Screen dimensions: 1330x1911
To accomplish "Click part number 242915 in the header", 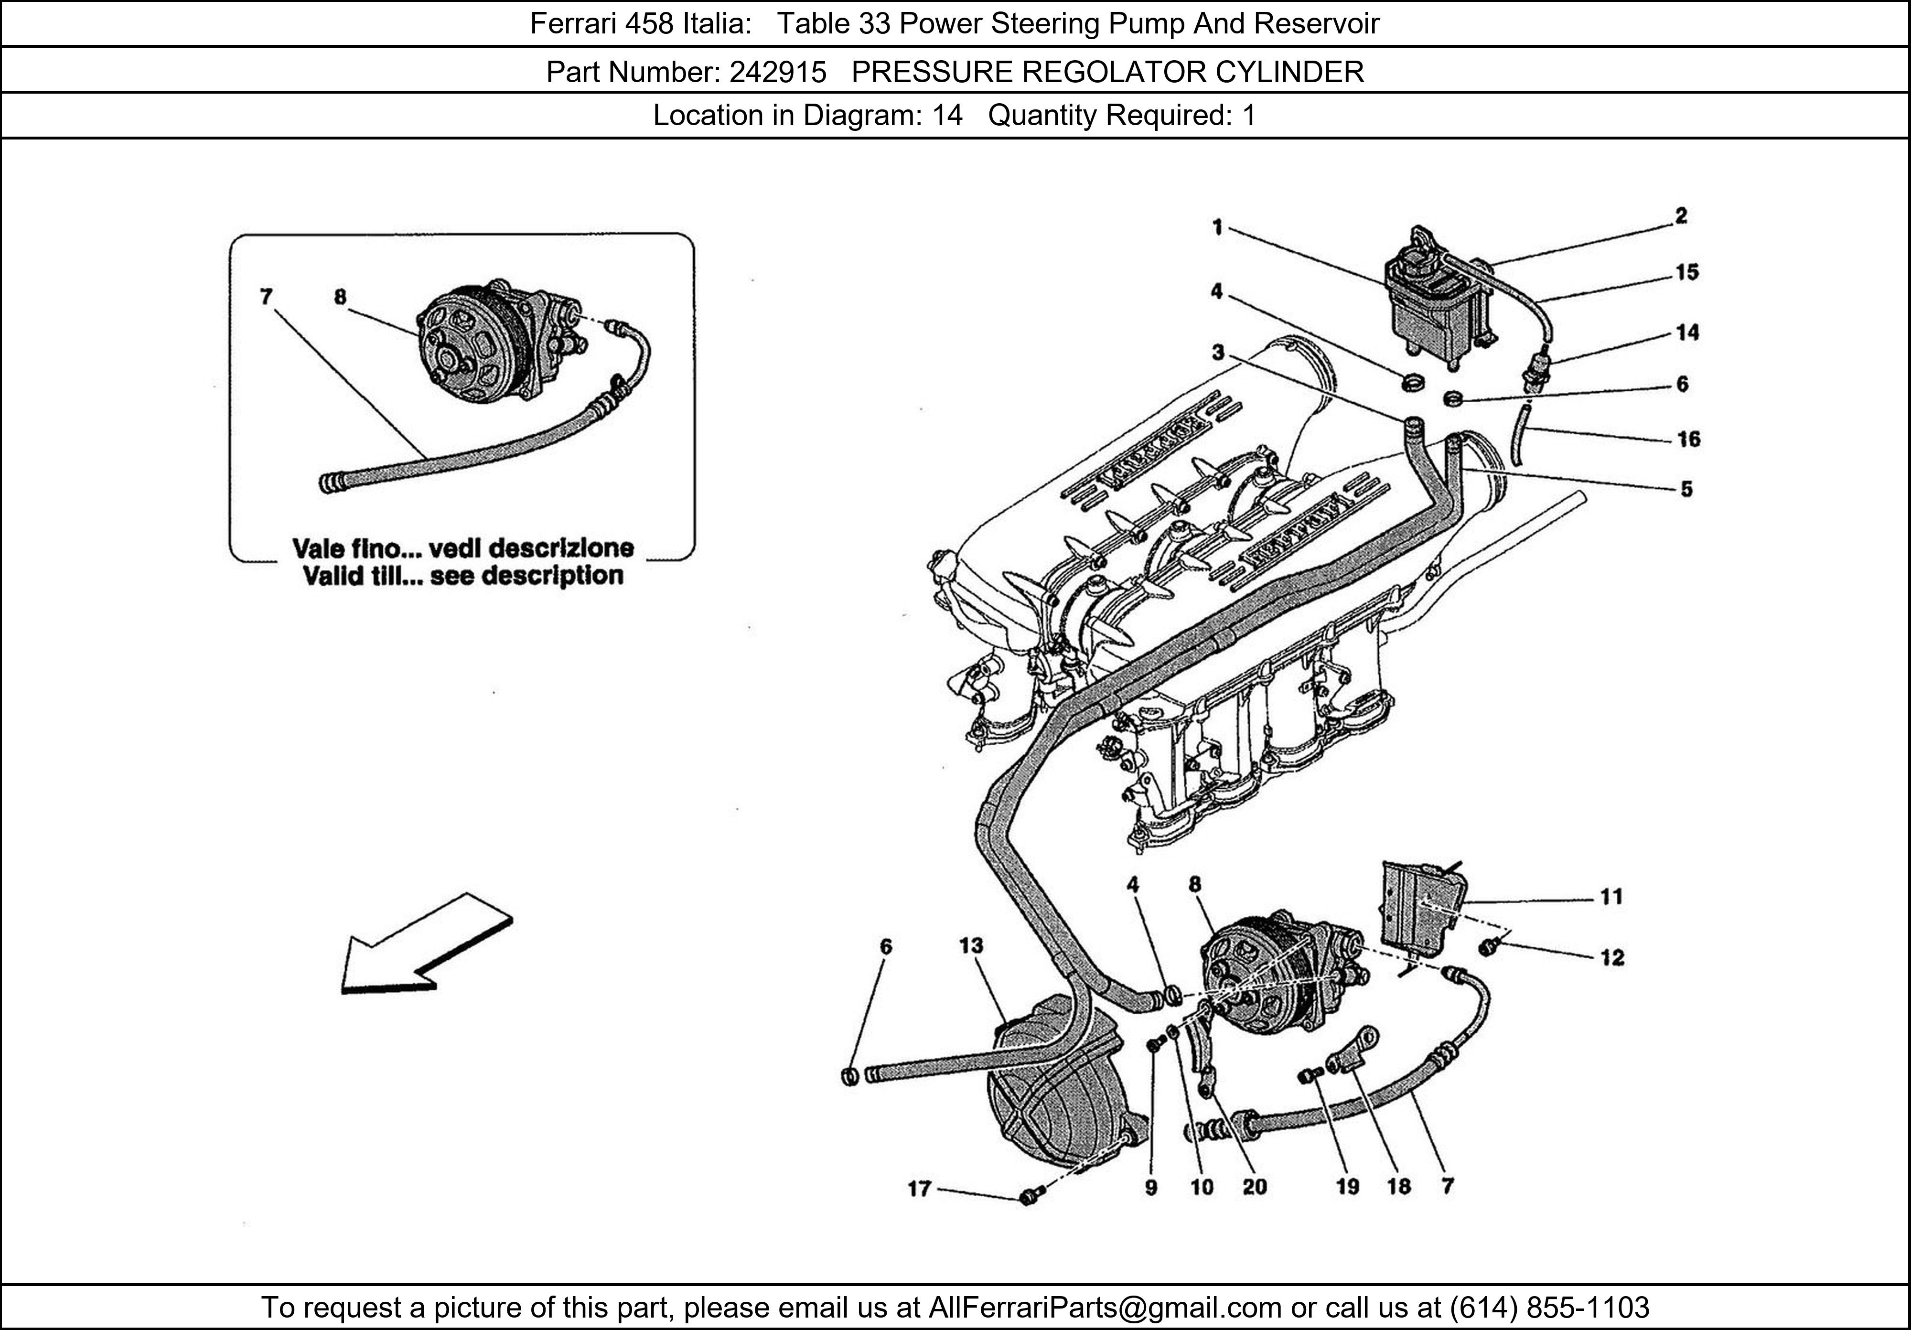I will tap(777, 73).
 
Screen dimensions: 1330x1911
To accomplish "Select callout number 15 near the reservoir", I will tap(1686, 273).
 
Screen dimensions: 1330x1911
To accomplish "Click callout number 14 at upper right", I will tap(1686, 333).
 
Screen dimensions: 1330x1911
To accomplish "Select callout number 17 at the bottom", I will tap(919, 1189).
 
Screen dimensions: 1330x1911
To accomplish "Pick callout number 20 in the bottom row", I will tap(1254, 1187).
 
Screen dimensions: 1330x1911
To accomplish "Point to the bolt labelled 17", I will tap(1029, 1197).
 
